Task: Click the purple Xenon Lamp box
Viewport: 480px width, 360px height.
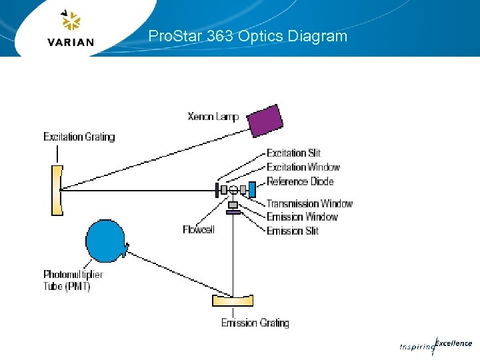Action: [265, 120]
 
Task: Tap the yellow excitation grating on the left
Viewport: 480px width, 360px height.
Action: [57, 190]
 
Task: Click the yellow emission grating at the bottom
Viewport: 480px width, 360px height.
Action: [233, 300]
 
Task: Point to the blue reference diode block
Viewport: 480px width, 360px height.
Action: [252, 189]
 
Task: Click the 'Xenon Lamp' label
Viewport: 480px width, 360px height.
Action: [213, 117]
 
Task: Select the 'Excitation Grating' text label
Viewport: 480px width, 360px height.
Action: [79, 137]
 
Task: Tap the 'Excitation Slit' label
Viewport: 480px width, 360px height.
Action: [293, 153]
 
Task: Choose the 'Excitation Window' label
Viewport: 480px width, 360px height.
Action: [303, 167]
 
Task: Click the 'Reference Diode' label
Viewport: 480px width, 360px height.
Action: [300, 181]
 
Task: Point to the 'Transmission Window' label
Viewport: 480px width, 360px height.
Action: [309, 203]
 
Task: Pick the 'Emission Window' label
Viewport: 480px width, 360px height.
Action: [302, 217]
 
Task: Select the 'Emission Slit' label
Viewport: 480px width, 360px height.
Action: [293, 231]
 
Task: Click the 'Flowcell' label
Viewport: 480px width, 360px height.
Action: [199, 229]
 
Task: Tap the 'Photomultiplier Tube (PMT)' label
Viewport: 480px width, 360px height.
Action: [73, 280]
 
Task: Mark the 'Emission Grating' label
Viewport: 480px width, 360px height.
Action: [255, 323]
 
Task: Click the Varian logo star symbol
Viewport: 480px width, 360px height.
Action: [71, 21]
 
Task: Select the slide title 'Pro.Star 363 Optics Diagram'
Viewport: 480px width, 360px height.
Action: [248, 36]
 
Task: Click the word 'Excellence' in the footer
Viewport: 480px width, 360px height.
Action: [453, 343]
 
